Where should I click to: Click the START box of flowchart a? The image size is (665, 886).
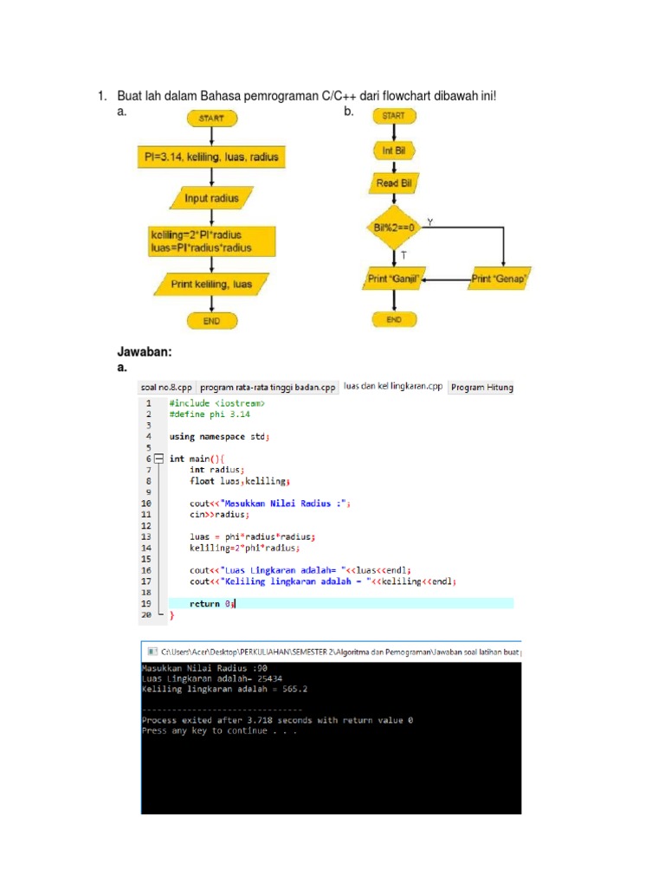click(x=211, y=119)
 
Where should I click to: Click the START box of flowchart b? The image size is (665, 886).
click(x=393, y=116)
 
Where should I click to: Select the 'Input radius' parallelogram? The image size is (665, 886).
click(x=211, y=198)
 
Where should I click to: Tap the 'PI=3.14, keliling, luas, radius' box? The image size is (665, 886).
click(x=211, y=157)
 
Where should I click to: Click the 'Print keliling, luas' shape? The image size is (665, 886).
click(x=211, y=283)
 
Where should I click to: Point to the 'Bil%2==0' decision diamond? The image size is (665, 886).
click(x=393, y=228)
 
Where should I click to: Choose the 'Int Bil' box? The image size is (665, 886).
click(x=393, y=151)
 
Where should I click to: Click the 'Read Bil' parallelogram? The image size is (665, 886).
click(x=393, y=183)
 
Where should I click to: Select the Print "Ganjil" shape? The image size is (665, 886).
click(x=393, y=279)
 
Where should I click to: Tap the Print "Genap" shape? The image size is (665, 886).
click(x=500, y=279)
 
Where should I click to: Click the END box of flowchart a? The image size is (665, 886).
click(x=211, y=320)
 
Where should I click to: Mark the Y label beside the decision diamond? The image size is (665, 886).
click(x=430, y=222)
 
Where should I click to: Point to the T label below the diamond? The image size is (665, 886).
click(x=404, y=256)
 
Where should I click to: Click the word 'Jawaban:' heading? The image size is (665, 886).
click(x=145, y=352)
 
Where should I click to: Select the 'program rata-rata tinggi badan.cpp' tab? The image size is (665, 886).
click(x=268, y=388)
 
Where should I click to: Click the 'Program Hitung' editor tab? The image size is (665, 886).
click(x=482, y=388)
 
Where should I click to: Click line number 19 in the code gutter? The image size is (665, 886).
click(x=147, y=604)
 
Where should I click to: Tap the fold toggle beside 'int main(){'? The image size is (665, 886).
click(x=158, y=459)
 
